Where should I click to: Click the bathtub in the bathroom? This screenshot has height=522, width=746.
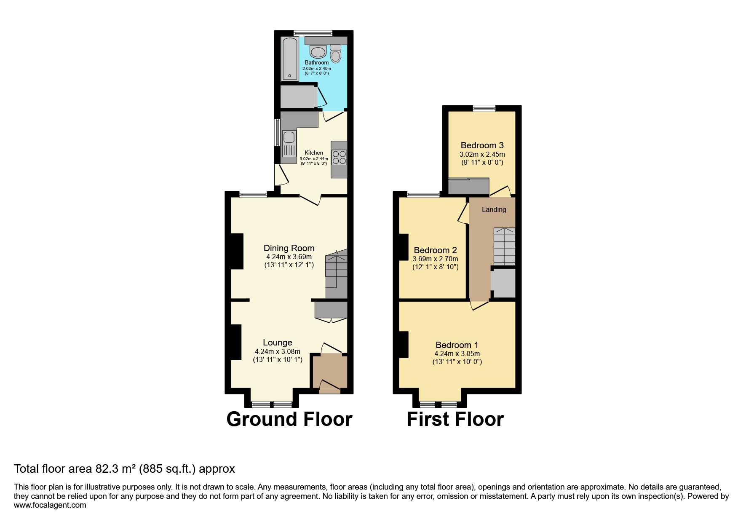point(290,59)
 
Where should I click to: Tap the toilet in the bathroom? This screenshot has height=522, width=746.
point(336,54)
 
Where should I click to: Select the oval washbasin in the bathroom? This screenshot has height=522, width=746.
point(318,52)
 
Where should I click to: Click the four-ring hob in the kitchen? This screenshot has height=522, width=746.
point(339,157)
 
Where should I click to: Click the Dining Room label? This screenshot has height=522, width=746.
point(289,248)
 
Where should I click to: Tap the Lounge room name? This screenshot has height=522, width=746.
point(278,343)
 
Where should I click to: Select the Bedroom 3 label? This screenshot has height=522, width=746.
point(482,145)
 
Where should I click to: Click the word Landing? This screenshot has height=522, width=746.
point(494,210)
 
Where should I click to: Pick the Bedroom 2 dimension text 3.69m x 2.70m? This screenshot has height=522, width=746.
point(436,259)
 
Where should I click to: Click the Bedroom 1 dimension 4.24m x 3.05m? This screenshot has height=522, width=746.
point(457,354)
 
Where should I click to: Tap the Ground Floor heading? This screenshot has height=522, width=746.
point(289,419)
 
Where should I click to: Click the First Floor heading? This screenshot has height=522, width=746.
point(455,419)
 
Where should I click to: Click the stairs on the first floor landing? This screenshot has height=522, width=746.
point(504,246)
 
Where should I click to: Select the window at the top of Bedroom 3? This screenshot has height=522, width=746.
point(484,108)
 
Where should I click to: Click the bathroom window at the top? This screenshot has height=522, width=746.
point(313,33)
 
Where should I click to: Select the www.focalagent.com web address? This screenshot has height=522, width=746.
point(50,505)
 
